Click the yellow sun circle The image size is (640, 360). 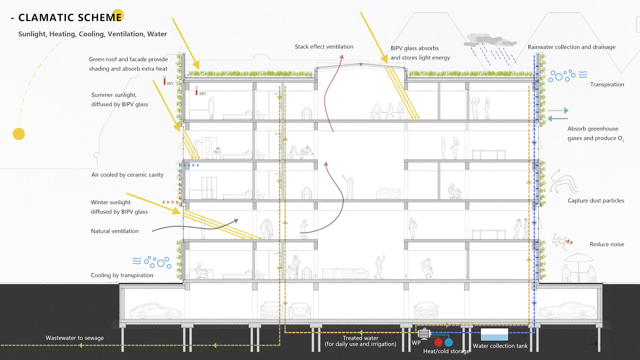point(19,134)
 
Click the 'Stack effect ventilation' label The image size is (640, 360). point(324,47)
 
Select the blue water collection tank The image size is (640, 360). point(494,334)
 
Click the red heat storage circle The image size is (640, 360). point(438,342)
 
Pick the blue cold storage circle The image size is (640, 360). point(449,342)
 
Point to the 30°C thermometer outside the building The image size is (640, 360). point(164,80)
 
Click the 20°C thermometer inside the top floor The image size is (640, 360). point(197,91)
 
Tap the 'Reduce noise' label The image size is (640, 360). point(607,244)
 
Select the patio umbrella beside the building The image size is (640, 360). point(579,258)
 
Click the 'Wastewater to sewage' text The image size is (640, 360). point(75,338)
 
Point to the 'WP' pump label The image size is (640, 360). point(416,343)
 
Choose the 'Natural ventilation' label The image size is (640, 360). point(115,231)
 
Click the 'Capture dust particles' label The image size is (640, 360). point(596,201)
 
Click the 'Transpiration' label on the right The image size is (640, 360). point(607,85)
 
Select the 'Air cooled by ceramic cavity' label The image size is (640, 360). point(127,175)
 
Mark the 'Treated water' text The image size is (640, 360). point(360,338)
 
